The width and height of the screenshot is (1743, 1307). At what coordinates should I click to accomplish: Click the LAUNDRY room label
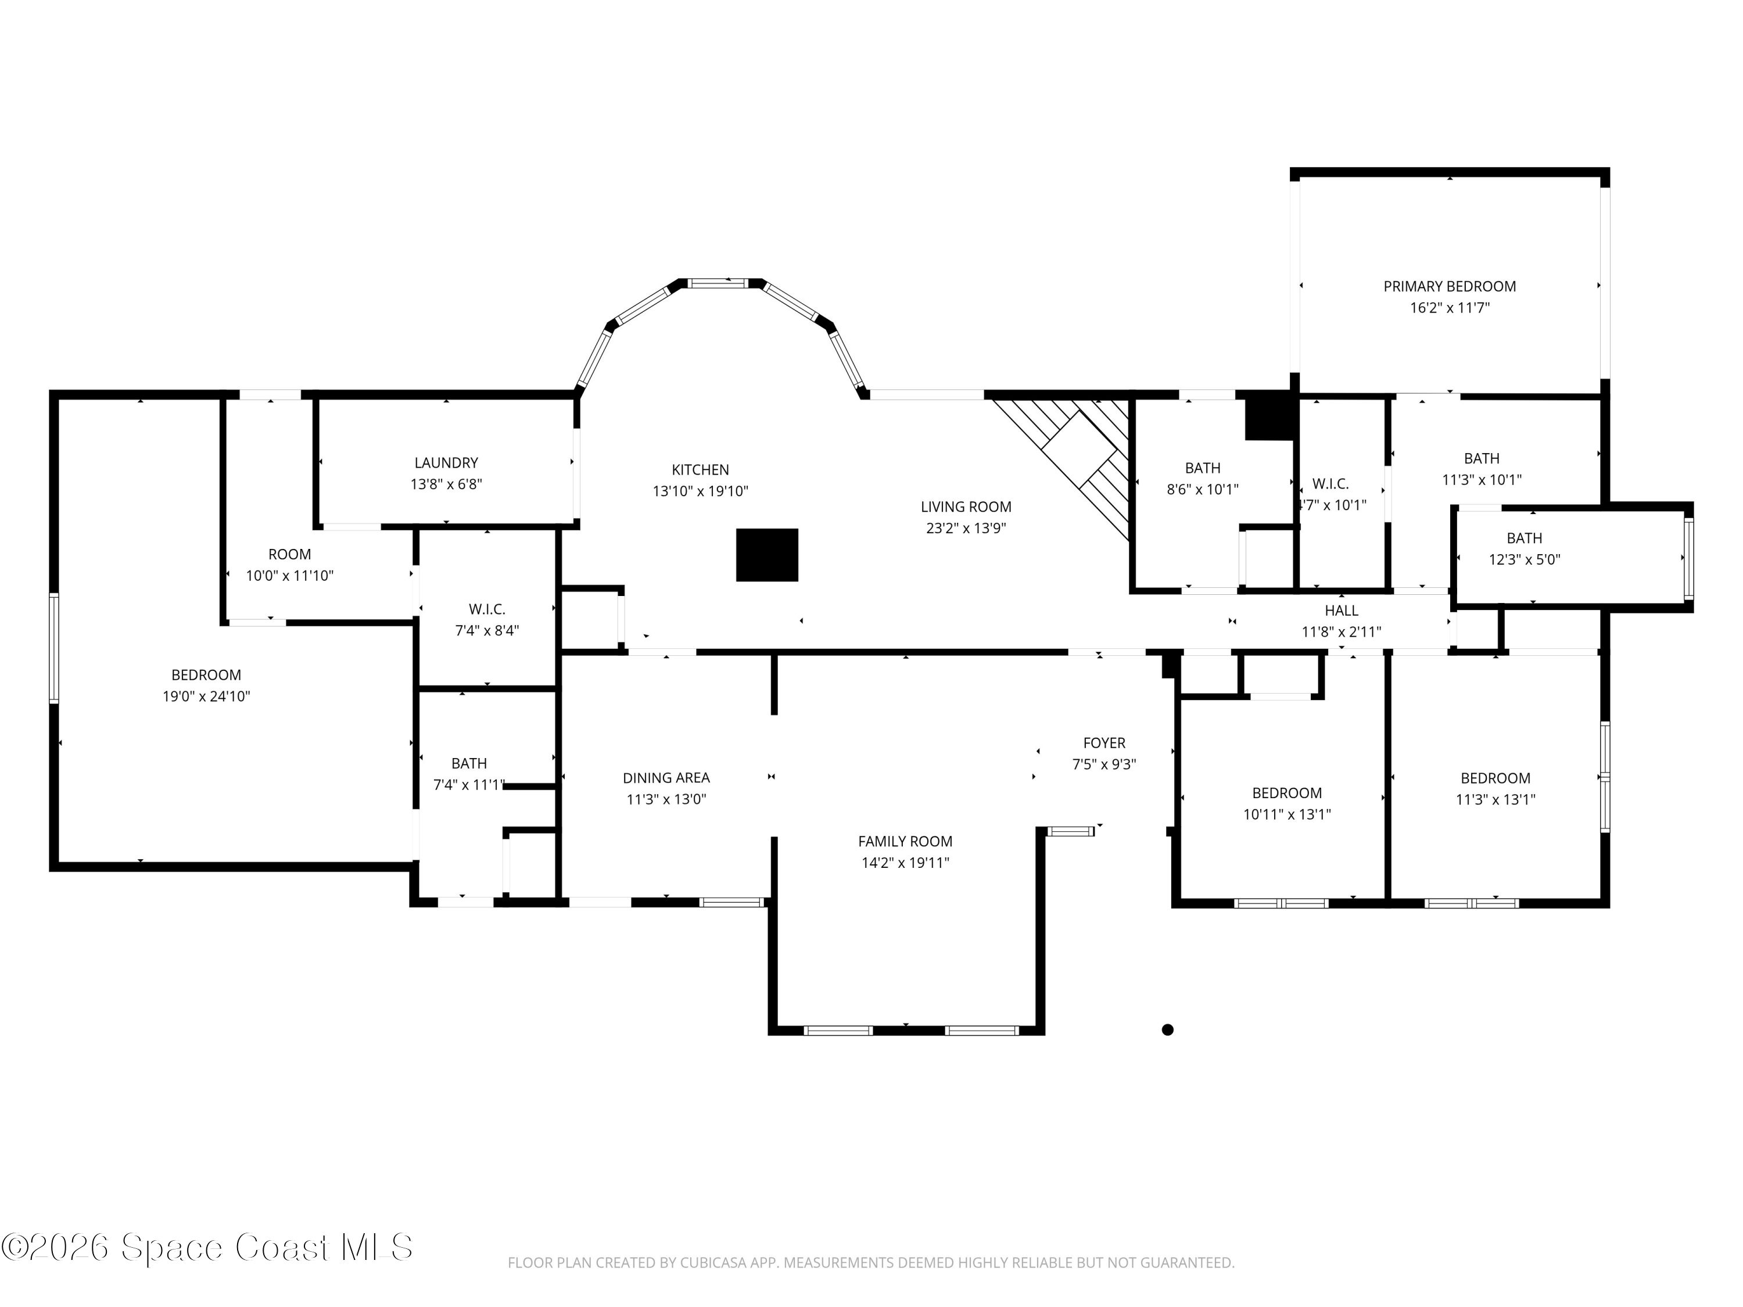click(x=446, y=462)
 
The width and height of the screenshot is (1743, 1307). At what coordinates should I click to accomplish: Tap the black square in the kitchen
click(x=767, y=555)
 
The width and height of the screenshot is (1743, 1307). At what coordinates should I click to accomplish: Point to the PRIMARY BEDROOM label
click(x=1449, y=286)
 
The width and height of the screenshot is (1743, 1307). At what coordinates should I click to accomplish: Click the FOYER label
click(x=1104, y=742)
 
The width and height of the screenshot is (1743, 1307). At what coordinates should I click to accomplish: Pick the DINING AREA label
click(x=666, y=778)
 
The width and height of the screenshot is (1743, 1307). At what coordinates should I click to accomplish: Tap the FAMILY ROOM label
click(x=905, y=841)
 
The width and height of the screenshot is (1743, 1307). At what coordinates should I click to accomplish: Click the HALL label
click(x=1341, y=611)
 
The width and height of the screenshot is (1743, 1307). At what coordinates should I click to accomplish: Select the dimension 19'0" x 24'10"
click(x=206, y=696)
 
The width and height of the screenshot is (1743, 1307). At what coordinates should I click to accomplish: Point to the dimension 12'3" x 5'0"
click(x=1524, y=559)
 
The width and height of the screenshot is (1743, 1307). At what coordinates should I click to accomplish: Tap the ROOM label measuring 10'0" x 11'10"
click(x=289, y=554)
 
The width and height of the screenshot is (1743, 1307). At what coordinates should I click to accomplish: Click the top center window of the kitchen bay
click(x=716, y=283)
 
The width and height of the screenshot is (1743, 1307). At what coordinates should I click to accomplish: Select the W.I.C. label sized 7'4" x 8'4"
click(x=487, y=609)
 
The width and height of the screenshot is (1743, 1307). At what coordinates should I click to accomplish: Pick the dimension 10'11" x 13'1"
click(x=1287, y=814)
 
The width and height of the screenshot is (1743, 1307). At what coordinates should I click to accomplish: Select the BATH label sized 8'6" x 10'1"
click(x=1203, y=468)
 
